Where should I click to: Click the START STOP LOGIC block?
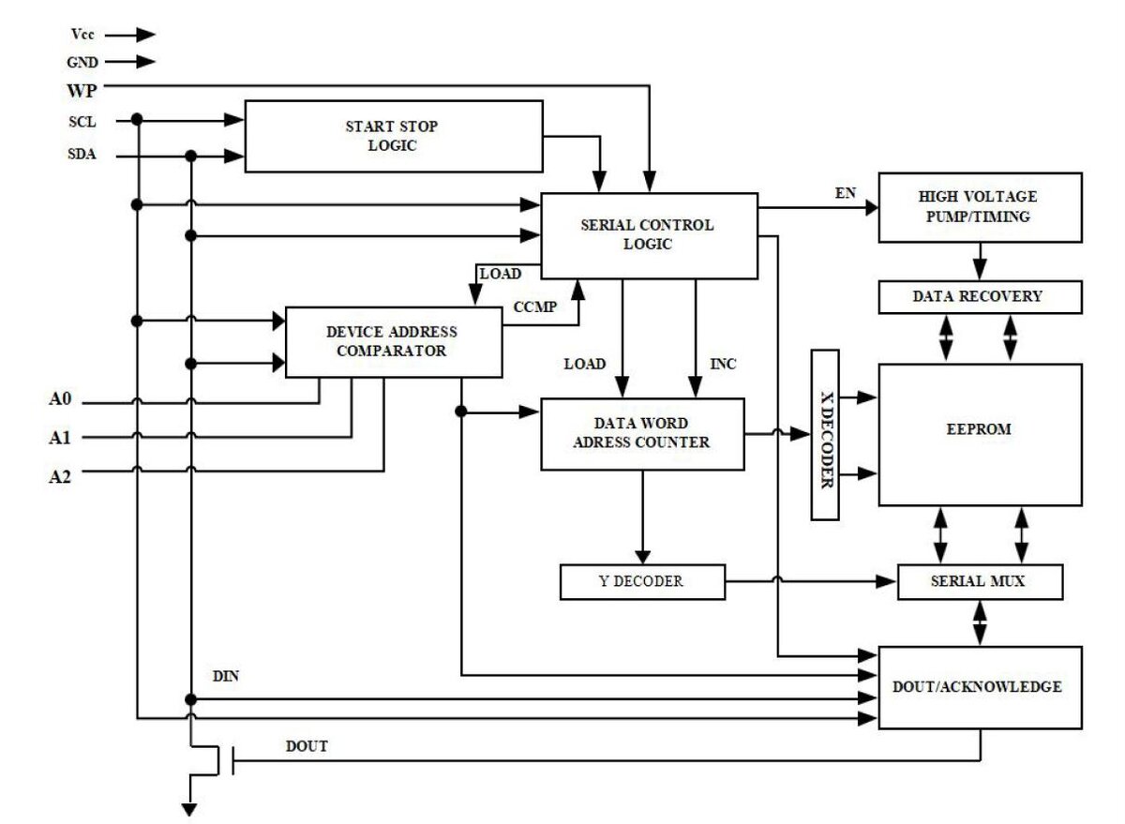coord(393,136)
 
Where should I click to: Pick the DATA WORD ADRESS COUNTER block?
coord(642,433)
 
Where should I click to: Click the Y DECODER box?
coord(641,581)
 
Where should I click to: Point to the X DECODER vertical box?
coord(824,435)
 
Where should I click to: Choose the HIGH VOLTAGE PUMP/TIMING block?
coord(978,206)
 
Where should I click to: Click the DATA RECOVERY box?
coord(978,296)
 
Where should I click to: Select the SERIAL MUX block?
coord(978,581)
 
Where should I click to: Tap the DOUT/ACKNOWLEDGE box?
coord(978,687)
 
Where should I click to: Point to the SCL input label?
coord(82,121)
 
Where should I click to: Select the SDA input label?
coord(82,156)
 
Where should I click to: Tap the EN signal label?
coord(845,193)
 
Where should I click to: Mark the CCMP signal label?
coord(533,307)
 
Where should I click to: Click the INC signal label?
coord(723,363)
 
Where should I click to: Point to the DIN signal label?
coord(226,675)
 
